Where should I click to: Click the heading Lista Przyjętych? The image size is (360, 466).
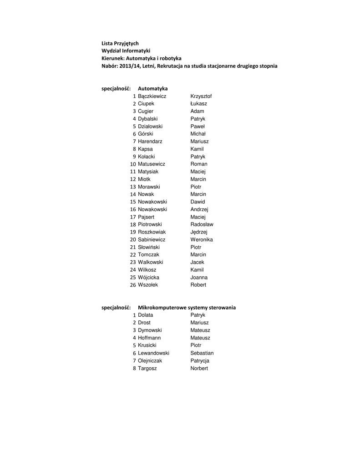pyautogui.click(x=120, y=43)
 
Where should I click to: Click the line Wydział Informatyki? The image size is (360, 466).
pyautogui.click(x=126, y=51)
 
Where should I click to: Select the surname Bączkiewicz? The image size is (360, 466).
pyautogui.click(x=152, y=96)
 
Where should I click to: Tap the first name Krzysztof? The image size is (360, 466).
pyautogui.click(x=201, y=96)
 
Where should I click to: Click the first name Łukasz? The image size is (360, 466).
pyautogui.click(x=198, y=104)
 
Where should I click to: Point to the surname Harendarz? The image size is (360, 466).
pyautogui.click(x=150, y=142)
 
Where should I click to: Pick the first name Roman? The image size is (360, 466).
pyautogui.click(x=198, y=164)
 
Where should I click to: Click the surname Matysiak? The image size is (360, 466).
pyautogui.click(x=148, y=172)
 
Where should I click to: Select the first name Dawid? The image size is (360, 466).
pyautogui.click(x=198, y=202)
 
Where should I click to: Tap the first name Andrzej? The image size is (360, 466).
pyautogui.click(x=199, y=209)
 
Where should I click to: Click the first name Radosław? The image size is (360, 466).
pyautogui.click(x=202, y=224)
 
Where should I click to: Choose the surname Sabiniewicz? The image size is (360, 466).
pyautogui.click(x=152, y=239)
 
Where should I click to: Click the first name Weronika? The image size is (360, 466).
pyautogui.click(x=202, y=239)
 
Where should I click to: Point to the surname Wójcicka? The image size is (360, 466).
pyautogui.click(x=149, y=277)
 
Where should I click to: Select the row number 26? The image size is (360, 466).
pyautogui.click(x=133, y=285)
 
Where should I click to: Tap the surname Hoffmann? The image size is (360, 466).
pyautogui.click(x=149, y=338)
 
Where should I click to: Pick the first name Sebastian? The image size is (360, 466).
pyautogui.click(x=202, y=353)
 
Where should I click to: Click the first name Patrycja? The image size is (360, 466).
pyautogui.click(x=200, y=360)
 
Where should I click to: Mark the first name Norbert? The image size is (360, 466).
pyautogui.click(x=199, y=368)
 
